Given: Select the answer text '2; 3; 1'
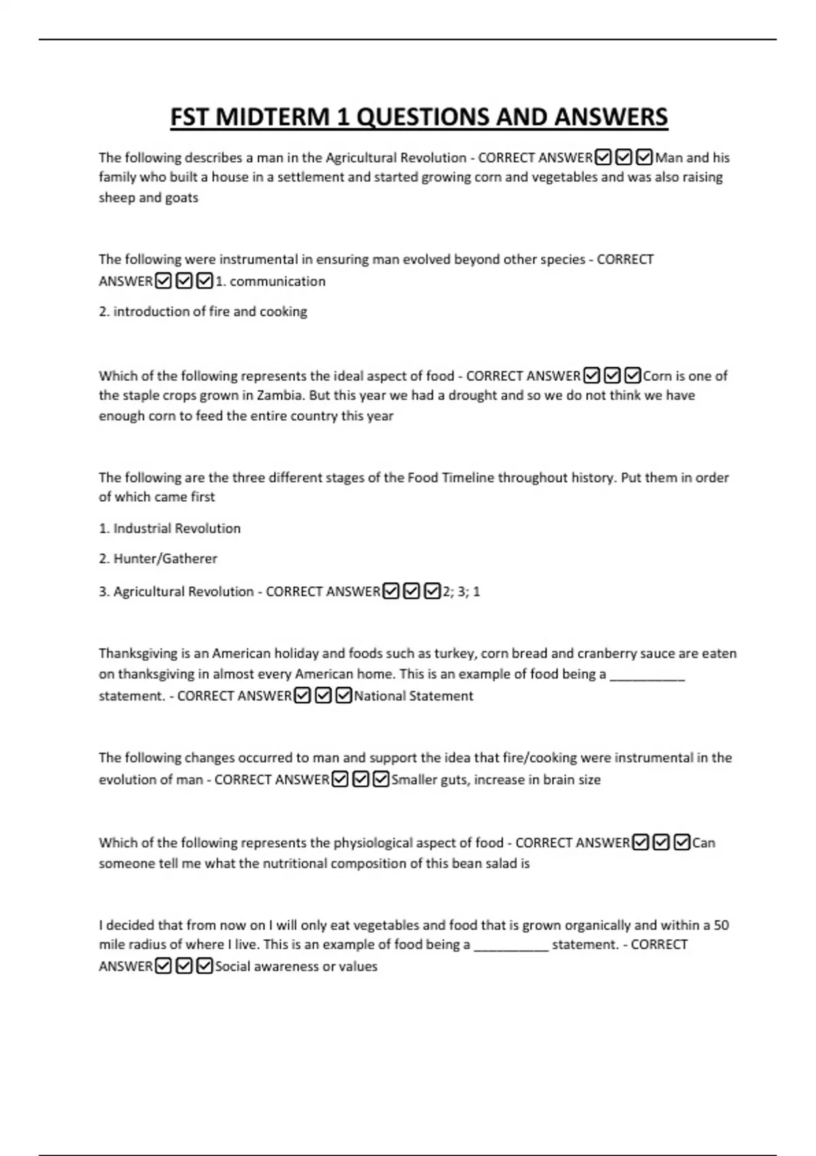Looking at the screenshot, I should click(462, 592).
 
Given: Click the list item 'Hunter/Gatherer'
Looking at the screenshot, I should click(165, 559).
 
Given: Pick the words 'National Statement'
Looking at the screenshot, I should click(413, 696).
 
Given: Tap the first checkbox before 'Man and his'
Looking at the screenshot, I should click(602, 158).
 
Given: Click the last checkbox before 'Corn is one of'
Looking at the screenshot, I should click(633, 375).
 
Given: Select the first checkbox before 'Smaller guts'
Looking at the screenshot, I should click(340, 779).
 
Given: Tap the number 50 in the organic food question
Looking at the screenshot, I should click(721, 925).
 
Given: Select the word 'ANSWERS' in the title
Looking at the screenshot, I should click(611, 117).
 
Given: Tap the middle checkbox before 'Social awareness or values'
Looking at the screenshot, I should click(184, 966).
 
